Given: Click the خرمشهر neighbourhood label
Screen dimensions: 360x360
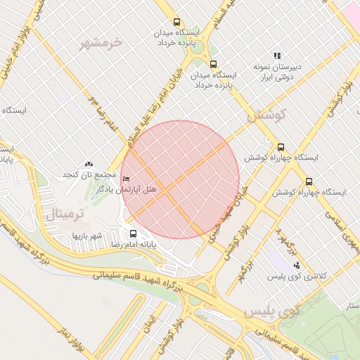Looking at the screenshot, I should pyautogui.click(x=101, y=43).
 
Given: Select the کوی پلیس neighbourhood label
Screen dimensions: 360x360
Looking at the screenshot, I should pyautogui.click(x=271, y=310).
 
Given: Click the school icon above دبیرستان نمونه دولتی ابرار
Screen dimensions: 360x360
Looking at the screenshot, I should pyautogui.click(x=277, y=56).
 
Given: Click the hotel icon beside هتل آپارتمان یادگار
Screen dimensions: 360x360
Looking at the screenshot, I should pyautogui.click(x=126, y=179).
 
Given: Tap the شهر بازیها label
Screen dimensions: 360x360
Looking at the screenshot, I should pyautogui.click(x=87, y=235).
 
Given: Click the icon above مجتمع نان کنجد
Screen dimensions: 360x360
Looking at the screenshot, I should pyautogui.click(x=89, y=163).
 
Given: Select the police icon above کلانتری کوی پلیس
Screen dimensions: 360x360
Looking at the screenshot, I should pyautogui.click(x=297, y=266).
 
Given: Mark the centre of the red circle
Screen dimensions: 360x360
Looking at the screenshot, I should pyautogui.click(x=181, y=179).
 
